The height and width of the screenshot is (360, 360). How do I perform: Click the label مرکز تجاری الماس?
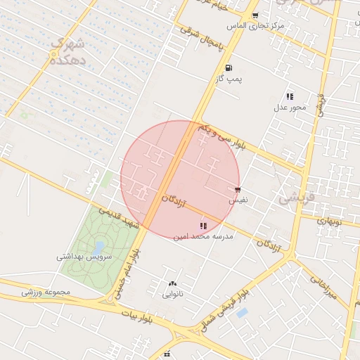(x=255, y=26)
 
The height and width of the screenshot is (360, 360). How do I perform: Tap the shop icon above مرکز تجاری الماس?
(x=255, y=15)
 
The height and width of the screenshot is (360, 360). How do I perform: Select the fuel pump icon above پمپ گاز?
(x=229, y=68)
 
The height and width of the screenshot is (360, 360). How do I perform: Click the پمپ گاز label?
(x=229, y=79)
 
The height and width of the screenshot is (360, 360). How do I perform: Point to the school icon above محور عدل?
(x=289, y=97)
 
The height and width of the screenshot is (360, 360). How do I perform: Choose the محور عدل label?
(x=290, y=108)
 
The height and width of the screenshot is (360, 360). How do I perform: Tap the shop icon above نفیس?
(x=238, y=191)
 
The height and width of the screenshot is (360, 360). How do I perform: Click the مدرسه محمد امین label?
(x=203, y=237)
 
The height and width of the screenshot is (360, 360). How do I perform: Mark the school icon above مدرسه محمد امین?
(x=203, y=226)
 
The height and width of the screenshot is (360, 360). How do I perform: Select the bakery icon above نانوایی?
(x=172, y=283)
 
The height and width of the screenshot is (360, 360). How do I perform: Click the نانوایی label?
(x=173, y=294)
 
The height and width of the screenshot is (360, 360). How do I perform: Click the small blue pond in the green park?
(x=98, y=246)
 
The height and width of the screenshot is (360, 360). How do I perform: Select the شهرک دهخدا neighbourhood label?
(x=67, y=52)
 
